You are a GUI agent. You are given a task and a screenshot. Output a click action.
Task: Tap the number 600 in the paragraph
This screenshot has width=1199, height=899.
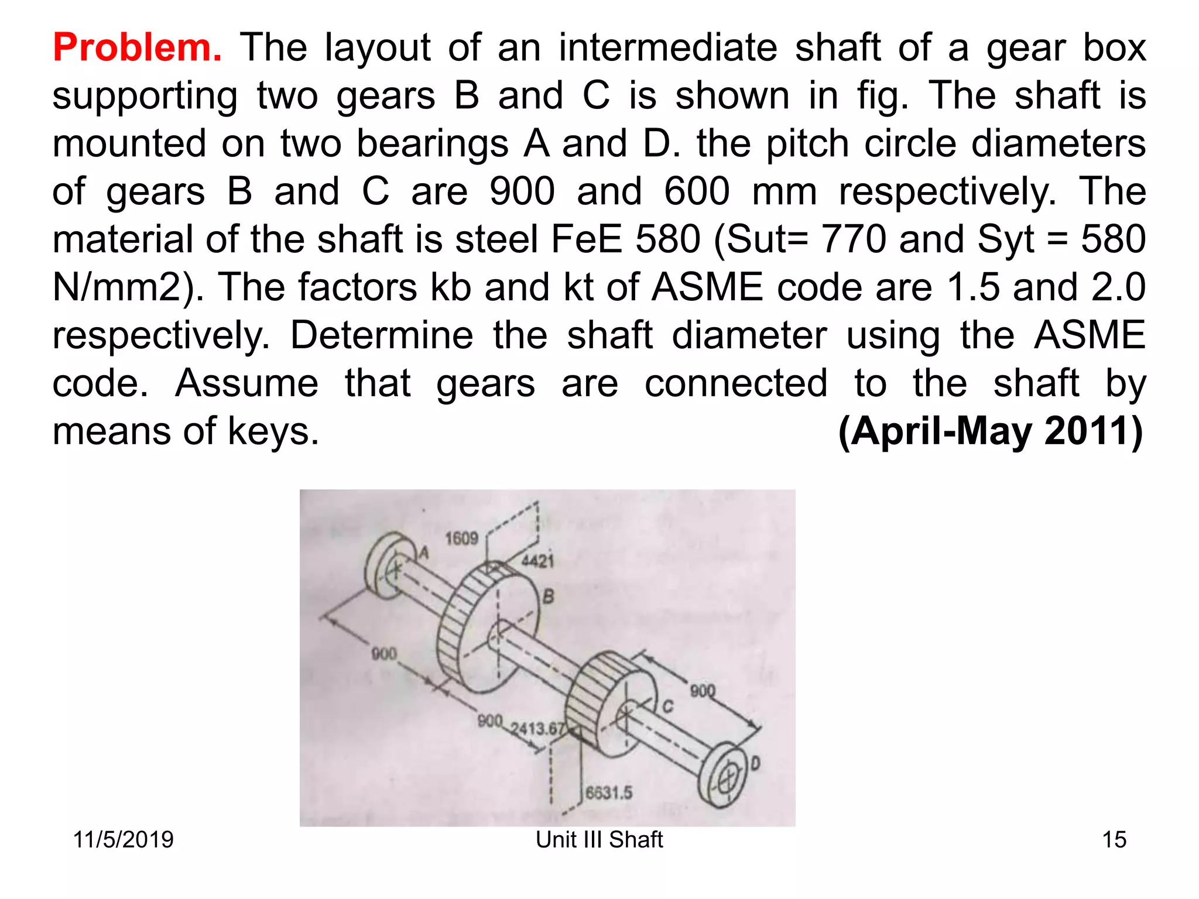coord(697,191)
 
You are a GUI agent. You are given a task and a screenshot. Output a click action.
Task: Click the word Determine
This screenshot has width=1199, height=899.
coord(382,335)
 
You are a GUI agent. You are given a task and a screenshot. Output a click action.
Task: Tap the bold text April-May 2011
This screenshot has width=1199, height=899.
coord(991,431)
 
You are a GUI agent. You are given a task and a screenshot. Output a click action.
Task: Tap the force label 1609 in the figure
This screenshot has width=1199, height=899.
coord(461,538)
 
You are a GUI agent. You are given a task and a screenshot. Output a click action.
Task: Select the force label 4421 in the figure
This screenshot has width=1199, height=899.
coord(537,561)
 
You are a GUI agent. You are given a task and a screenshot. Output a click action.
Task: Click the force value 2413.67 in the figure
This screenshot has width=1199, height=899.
coord(537,729)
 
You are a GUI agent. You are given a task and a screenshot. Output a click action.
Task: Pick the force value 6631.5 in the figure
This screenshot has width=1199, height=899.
coord(609,792)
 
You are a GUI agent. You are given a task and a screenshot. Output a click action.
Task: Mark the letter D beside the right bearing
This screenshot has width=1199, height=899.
coord(755,763)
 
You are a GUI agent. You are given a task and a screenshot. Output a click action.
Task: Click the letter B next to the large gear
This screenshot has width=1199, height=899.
coord(548,597)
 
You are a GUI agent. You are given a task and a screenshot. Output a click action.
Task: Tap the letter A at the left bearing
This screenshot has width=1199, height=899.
coord(424,552)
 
